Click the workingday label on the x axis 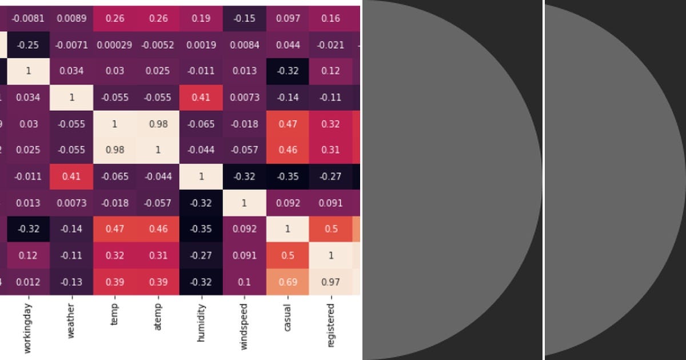(x=28, y=328)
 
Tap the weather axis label (x=71, y=321)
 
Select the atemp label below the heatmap (x=158, y=317)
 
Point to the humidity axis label (x=201, y=323)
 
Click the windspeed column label (x=244, y=326)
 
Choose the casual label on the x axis (x=287, y=318)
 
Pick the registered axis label (x=330, y=325)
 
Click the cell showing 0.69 (x=287, y=282)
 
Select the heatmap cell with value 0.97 (x=330, y=282)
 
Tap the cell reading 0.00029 (x=114, y=45)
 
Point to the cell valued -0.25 (x=28, y=45)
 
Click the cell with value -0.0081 (x=28, y=18)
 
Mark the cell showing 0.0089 (x=71, y=18)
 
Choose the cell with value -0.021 (x=330, y=45)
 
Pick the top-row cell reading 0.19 (x=201, y=18)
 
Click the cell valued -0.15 (x=244, y=18)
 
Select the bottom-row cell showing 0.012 (x=28, y=282)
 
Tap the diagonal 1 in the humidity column (x=201, y=177)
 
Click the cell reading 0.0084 (x=244, y=45)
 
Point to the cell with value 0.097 (x=287, y=18)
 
